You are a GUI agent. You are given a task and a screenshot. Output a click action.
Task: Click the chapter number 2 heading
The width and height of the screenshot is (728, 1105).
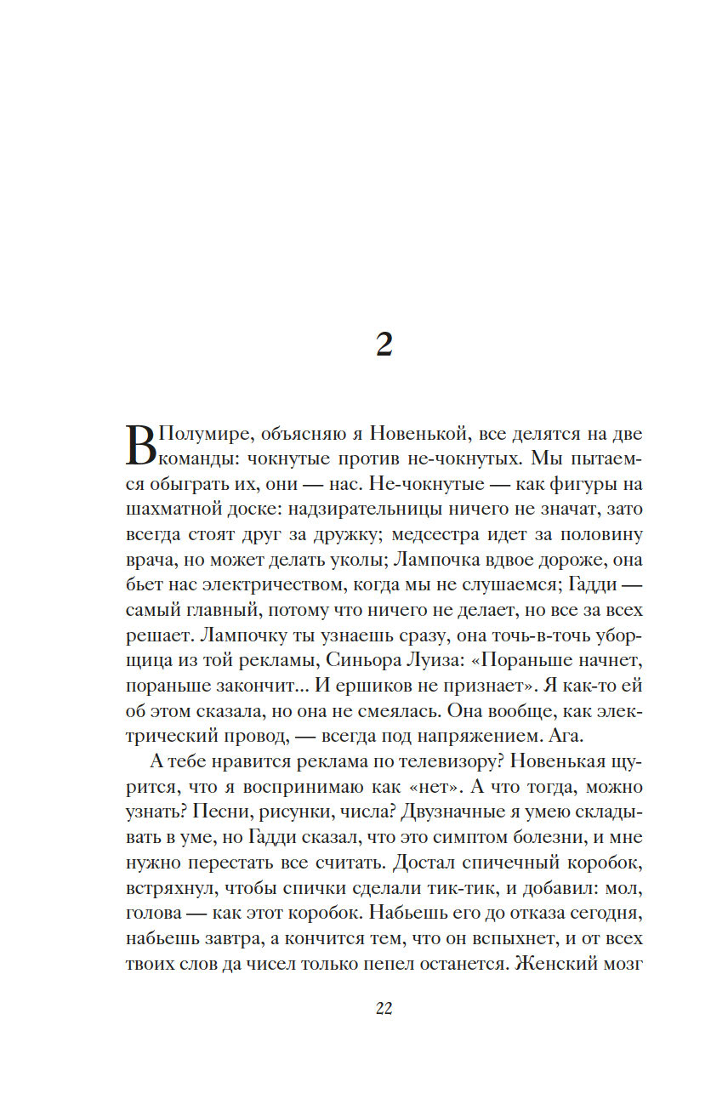point(384,345)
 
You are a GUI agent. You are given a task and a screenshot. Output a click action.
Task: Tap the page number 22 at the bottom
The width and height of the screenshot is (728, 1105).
point(383,1009)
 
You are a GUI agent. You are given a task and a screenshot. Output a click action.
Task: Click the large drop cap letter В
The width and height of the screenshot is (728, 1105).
point(141,446)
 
